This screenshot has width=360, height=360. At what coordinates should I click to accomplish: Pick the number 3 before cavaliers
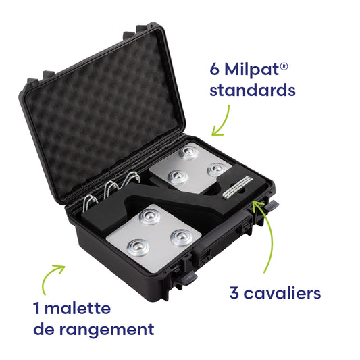(232, 293)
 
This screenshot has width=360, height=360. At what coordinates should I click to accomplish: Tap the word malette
(76, 309)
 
